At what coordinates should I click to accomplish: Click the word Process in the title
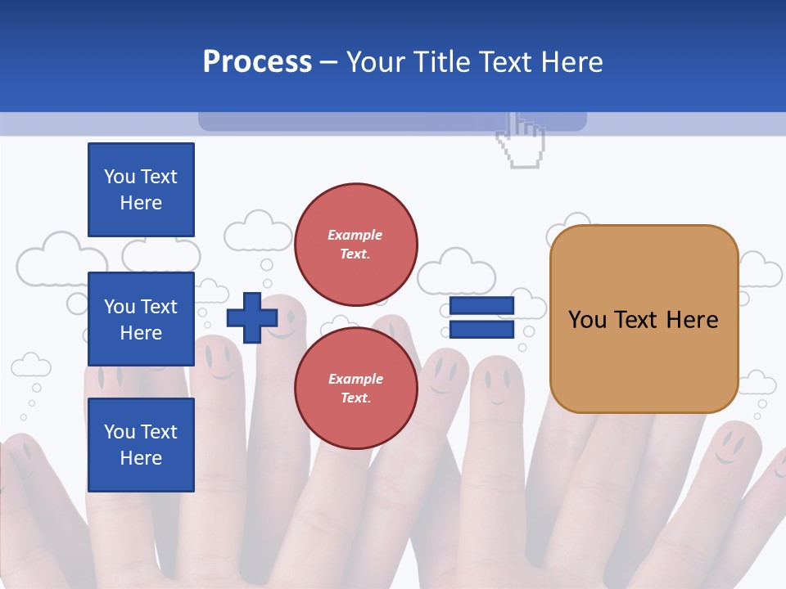257,62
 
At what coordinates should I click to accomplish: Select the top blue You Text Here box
141,190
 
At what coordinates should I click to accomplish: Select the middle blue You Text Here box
141,319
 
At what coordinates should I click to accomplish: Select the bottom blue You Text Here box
141,444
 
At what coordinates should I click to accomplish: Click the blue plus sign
252,317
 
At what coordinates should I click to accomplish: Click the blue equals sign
481,317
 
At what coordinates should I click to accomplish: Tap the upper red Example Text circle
356,244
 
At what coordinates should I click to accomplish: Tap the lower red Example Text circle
356,388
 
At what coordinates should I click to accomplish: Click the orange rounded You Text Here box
644,319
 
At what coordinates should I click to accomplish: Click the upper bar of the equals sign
481,306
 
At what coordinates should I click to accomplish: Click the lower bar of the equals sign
481,330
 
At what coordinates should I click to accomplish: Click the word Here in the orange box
692,320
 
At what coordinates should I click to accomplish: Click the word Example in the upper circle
355,235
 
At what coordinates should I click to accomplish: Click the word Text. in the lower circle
355,398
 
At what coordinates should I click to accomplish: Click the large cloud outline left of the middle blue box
49,260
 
